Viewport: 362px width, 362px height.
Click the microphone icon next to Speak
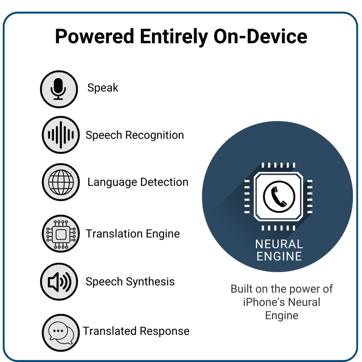pos(59,89)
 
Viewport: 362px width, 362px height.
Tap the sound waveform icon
pos(61,135)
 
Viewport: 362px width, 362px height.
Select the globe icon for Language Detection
pos(61,182)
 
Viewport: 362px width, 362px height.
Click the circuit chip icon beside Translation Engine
pos(61,234)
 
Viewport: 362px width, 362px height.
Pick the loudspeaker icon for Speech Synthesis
pos(59,282)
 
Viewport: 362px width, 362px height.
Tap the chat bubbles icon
pos(61,333)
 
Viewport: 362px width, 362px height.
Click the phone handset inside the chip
pos(279,197)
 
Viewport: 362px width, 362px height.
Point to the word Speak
pos(103,88)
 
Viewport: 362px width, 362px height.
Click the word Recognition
pos(154,135)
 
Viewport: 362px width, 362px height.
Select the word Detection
pos(164,182)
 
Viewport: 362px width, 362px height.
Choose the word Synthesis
pos(150,282)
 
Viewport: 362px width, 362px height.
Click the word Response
pos(165,331)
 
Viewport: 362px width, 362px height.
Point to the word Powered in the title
pos(95,36)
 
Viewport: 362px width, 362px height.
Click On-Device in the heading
pos(261,36)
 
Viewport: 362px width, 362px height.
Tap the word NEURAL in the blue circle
pos(279,244)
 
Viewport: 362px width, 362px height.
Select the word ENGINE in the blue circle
pos(279,256)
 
